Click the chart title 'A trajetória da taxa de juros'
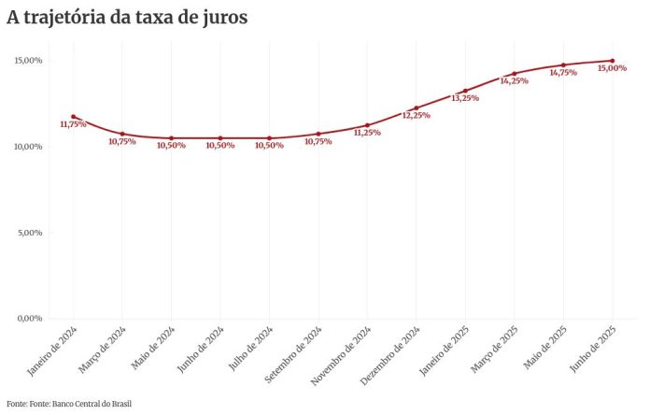[x=127, y=18]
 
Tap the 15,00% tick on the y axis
[x=28, y=61]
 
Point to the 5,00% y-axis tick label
[x=30, y=233]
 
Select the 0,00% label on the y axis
[x=30, y=319]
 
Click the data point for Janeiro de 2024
[x=73, y=117]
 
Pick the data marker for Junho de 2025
[x=612, y=61]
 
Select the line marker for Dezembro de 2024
[x=417, y=108]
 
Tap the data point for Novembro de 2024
[x=367, y=125]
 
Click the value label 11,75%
[x=73, y=124]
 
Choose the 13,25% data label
[x=465, y=98]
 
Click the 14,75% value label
[x=563, y=73]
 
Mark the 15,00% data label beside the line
[x=612, y=68]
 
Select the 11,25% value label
[x=367, y=133]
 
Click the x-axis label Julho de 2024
[x=252, y=349]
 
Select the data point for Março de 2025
[x=514, y=74]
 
